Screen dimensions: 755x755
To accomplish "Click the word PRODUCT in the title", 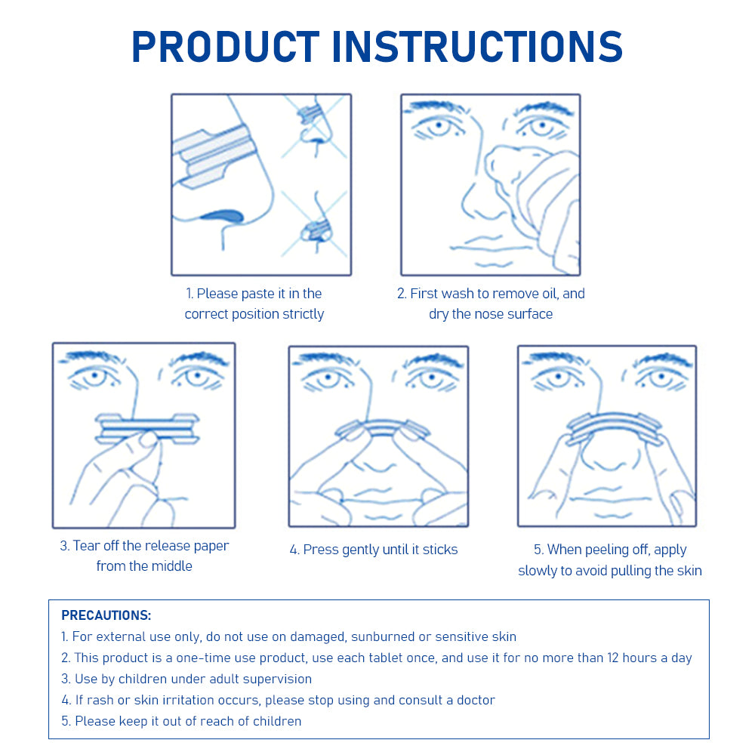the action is tap(225, 46).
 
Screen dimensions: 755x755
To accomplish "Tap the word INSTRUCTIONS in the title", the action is tap(477, 46).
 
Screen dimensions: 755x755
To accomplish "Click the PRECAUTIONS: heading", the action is tap(106, 615).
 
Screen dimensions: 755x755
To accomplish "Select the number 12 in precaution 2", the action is tap(612, 658).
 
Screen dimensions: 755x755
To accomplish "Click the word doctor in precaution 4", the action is tap(476, 700).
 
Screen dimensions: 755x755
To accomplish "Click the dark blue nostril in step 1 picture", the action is tap(223, 215).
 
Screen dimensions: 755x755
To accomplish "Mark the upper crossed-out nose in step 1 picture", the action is tap(314, 127).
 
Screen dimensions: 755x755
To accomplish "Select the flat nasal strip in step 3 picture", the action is tap(147, 428).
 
